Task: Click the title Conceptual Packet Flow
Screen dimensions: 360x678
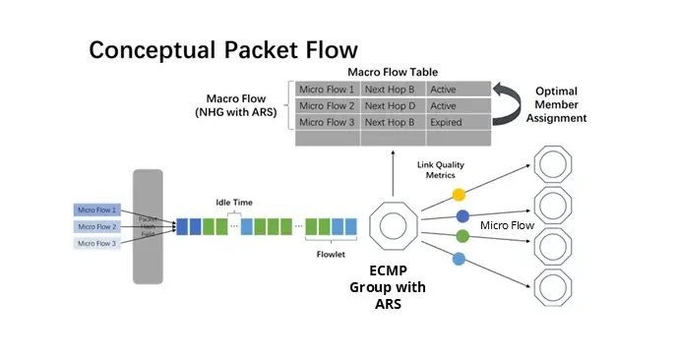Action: [223, 49]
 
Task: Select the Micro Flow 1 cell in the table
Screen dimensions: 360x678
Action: [327, 89]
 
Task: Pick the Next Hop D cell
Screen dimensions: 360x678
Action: [392, 105]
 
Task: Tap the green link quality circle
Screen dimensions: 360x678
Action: [462, 236]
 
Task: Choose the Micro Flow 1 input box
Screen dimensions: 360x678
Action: [96, 210]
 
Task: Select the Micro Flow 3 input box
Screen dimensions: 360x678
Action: [96, 243]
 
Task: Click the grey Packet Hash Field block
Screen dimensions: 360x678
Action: [148, 226]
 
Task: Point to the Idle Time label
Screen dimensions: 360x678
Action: [234, 203]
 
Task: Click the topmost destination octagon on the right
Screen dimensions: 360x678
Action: [555, 164]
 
